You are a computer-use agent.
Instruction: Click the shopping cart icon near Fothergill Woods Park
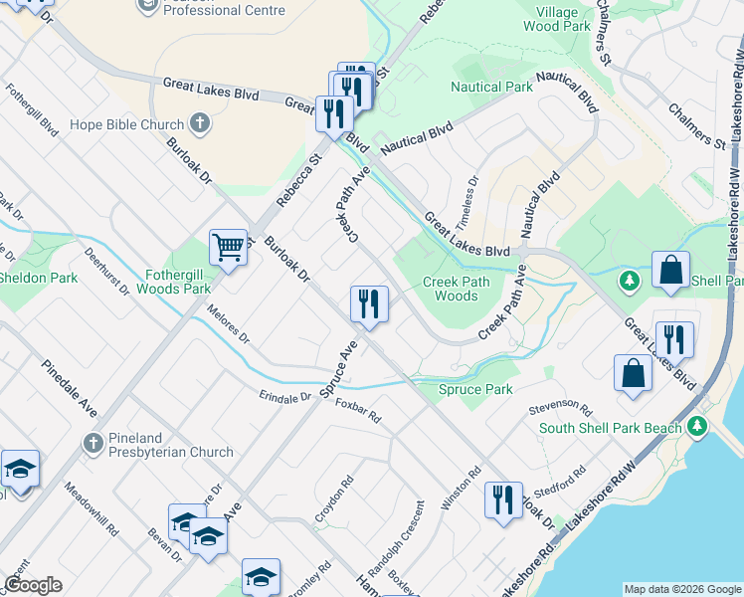pos(228,247)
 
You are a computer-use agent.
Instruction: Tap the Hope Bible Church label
pos(127,125)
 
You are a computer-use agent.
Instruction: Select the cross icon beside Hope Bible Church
pos(200,124)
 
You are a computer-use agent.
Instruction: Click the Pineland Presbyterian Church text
pos(171,452)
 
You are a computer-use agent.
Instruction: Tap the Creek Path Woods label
pos(457,289)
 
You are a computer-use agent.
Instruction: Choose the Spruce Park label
pos(476,389)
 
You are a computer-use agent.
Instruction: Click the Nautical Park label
pos(491,88)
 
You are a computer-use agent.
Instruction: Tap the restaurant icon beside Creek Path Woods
pos(369,303)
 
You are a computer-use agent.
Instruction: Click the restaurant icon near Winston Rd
pos(503,498)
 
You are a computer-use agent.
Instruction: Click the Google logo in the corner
pos(33,584)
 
